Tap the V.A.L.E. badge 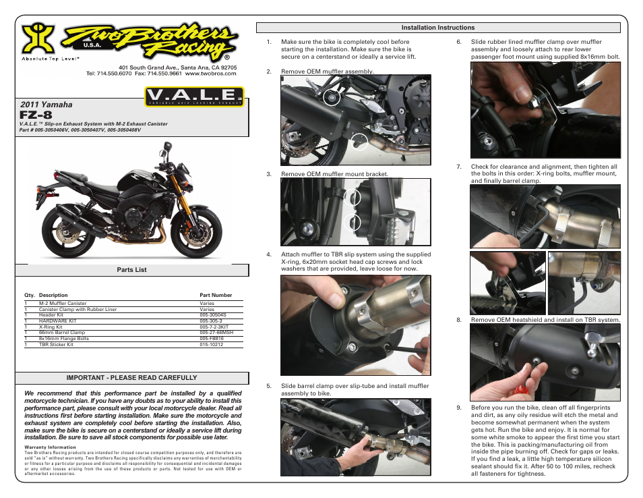tap(193, 96)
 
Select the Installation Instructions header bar tap(437, 28)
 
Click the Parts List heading tap(131, 270)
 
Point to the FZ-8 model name tap(36, 115)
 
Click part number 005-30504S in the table tap(213, 314)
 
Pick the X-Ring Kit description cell tap(51, 327)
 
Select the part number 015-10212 tap(211, 344)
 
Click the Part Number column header tap(216, 295)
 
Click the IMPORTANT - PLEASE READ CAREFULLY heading tap(131, 378)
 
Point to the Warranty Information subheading tap(50, 447)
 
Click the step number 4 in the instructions tap(269, 255)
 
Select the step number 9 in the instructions tap(458, 408)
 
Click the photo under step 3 tap(355, 212)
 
